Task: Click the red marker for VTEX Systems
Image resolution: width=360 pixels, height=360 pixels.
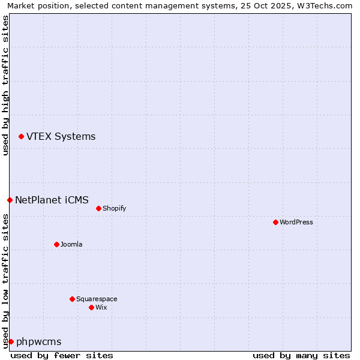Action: click(x=22, y=137)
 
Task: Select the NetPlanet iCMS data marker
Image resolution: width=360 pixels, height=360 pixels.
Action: click(x=10, y=200)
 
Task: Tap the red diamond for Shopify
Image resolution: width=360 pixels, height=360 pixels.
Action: click(x=99, y=208)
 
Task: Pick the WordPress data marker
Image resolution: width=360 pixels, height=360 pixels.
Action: click(x=276, y=222)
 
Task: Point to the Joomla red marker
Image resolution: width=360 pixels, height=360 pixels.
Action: click(x=57, y=244)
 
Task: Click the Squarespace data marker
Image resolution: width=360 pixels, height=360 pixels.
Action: click(x=73, y=299)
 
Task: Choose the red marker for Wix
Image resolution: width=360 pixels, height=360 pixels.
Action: click(x=92, y=307)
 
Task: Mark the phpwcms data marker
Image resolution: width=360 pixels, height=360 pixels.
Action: click(x=11, y=341)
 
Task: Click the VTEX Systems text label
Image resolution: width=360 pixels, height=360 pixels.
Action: click(x=61, y=137)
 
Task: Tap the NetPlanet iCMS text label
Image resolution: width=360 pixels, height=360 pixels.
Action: click(x=52, y=200)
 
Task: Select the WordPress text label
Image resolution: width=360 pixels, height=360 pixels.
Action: click(x=296, y=222)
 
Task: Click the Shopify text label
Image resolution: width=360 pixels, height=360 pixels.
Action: click(x=114, y=208)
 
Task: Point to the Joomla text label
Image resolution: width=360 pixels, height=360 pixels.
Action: click(x=71, y=244)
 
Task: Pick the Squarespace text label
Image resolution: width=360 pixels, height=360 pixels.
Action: click(x=97, y=299)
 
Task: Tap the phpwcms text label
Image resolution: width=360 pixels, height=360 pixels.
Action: click(x=39, y=341)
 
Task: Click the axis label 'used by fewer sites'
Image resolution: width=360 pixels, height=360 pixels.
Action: click(x=62, y=355)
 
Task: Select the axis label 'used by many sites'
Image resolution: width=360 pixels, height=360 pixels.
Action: click(x=301, y=355)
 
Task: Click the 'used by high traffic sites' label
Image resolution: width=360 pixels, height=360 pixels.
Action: click(x=5, y=85)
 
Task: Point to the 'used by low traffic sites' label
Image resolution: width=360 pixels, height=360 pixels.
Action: click(x=5, y=281)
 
